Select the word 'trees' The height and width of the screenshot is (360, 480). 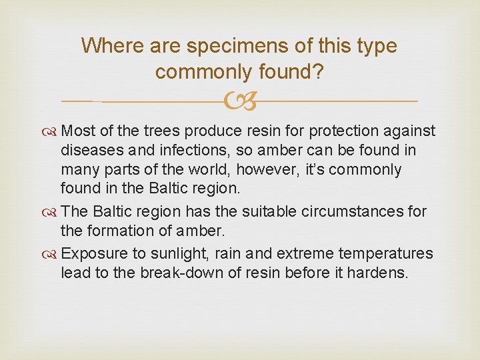click(161, 131)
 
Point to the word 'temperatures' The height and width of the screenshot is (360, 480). click(386, 254)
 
